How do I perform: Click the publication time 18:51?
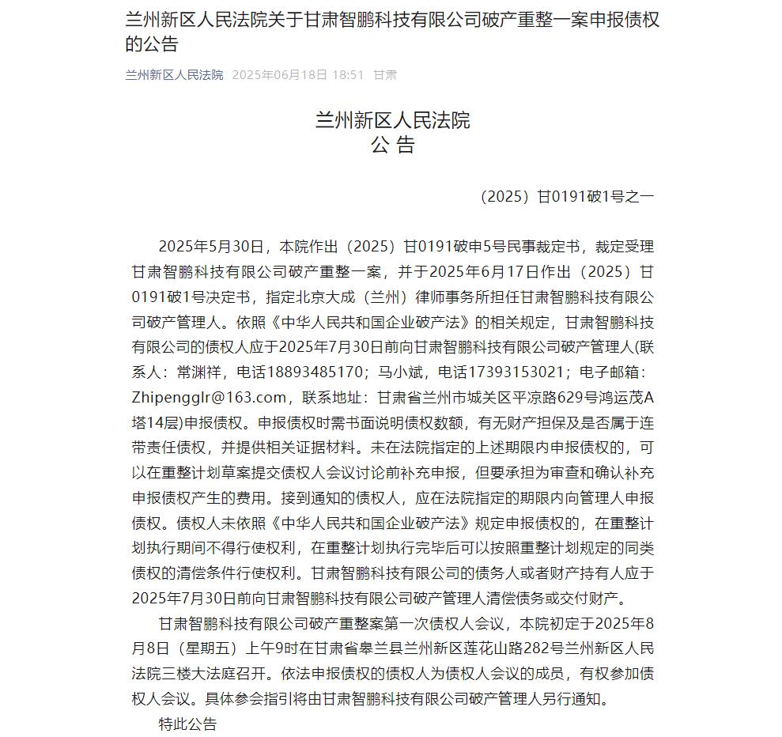coord(348,75)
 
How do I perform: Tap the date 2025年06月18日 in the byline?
coord(279,75)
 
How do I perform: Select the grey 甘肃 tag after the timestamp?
coord(385,75)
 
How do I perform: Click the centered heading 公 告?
coord(392,145)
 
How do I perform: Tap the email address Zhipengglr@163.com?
coord(208,396)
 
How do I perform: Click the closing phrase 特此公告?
coord(187,724)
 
